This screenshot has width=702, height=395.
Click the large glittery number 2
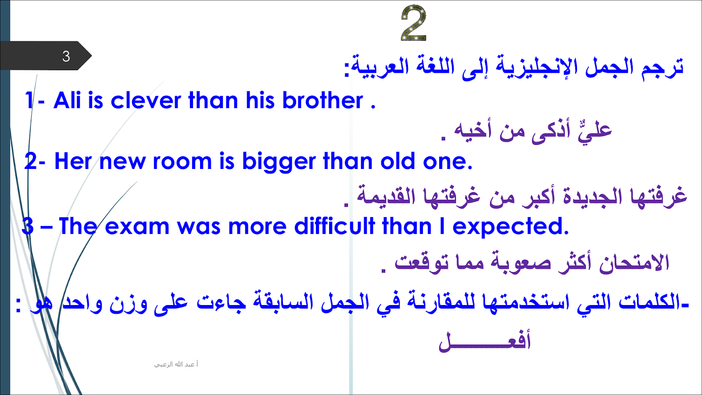(x=414, y=23)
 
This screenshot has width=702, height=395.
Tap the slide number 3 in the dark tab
(x=66, y=57)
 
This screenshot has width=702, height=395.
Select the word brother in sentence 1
(x=322, y=101)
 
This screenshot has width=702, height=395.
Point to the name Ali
(x=67, y=101)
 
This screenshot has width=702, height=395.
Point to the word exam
(x=136, y=227)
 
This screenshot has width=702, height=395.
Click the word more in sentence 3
(x=257, y=227)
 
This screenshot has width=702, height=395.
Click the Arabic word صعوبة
(x=520, y=263)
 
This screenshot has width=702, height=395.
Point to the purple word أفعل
(x=484, y=341)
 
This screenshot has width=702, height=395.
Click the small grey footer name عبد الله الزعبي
(x=176, y=364)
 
